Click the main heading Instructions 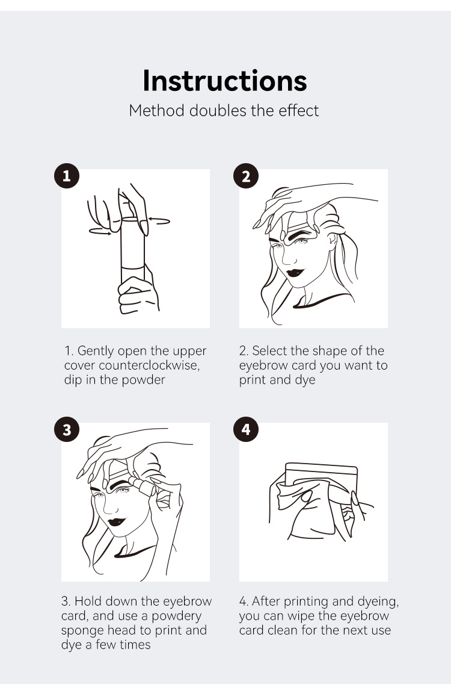click(x=225, y=81)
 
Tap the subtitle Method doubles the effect click(x=224, y=111)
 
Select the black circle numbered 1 click(x=67, y=176)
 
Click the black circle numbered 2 click(x=245, y=176)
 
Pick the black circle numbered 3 click(x=67, y=429)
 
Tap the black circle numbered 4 click(x=245, y=429)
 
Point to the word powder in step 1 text click(x=144, y=380)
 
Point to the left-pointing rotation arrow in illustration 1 click(x=159, y=221)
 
